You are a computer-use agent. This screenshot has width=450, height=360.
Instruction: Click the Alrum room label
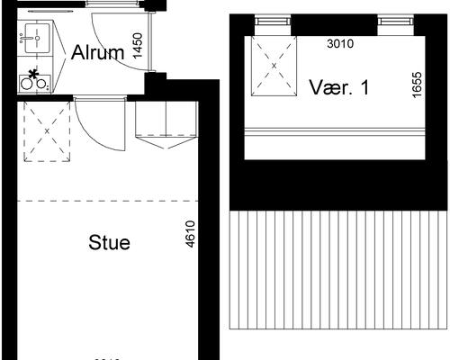coord(97,52)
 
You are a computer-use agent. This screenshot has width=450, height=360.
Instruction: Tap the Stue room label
coord(110,243)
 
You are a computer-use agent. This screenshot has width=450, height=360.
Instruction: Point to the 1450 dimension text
coord(138,46)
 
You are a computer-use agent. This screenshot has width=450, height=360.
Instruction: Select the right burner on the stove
coord(41,84)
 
